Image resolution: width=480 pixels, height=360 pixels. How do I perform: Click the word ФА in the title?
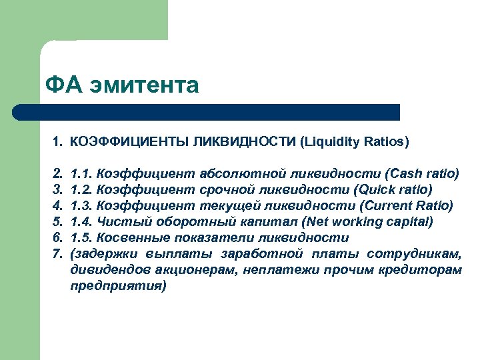point(62,85)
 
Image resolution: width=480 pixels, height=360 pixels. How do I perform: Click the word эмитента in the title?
point(145,86)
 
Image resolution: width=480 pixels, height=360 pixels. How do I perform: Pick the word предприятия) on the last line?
point(117,285)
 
